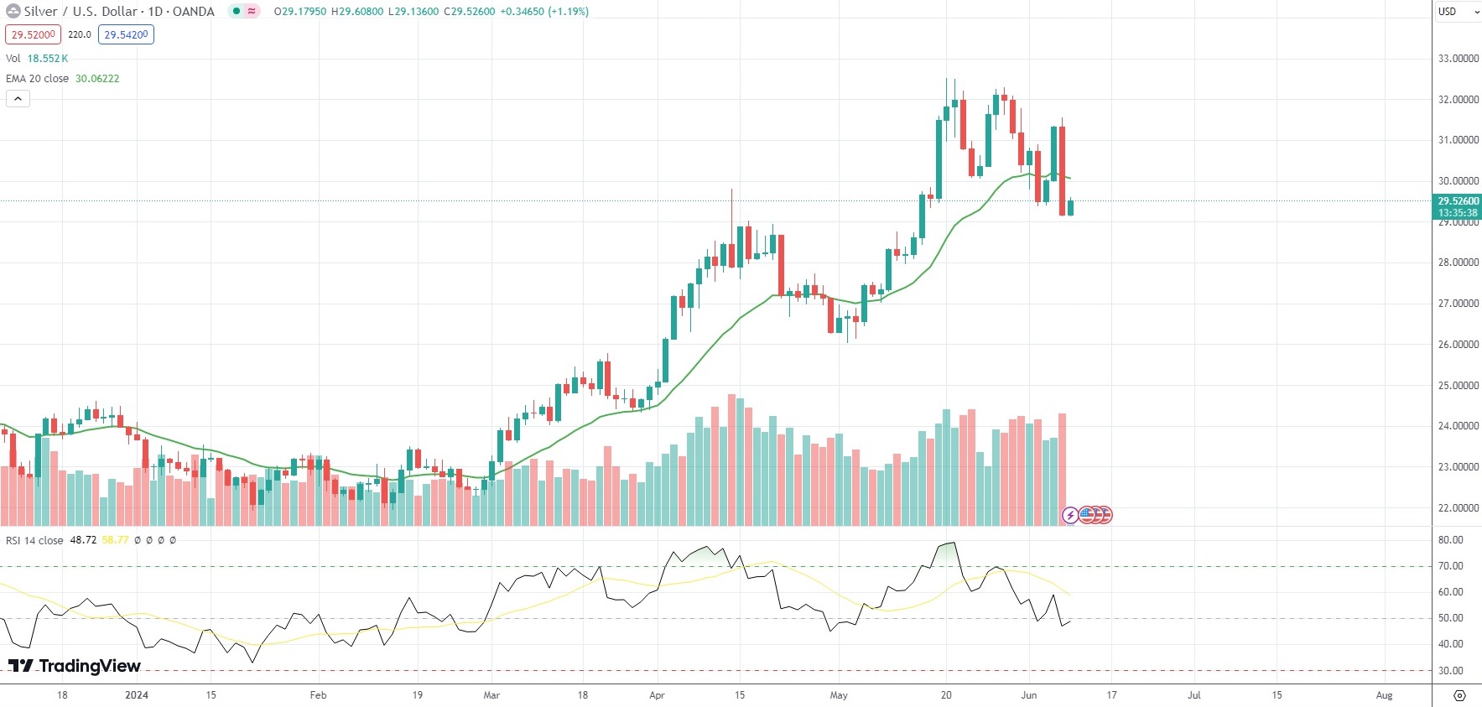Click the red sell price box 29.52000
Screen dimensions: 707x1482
click(33, 34)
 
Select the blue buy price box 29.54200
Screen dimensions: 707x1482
click(126, 34)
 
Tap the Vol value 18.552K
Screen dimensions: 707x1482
click(48, 59)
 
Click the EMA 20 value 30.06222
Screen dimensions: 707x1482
click(97, 79)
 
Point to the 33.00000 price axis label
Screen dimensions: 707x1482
click(1458, 59)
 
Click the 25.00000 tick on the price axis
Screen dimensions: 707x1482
click(1458, 386)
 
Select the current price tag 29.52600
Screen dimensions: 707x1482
click(1458, 201)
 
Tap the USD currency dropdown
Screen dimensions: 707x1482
click(1458, 12)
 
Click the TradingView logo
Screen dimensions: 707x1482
click(75, 666)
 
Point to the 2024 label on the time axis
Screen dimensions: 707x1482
click(136, 695)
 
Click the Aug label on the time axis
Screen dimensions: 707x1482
click(1384, 695)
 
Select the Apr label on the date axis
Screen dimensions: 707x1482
click(657, 695)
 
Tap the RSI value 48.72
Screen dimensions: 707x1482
click(83, 540)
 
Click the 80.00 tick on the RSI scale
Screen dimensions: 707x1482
click(1450, 540)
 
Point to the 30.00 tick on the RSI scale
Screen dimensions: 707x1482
click(1450, 671)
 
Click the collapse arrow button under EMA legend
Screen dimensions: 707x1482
click(18, 99)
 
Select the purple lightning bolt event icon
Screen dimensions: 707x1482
click(1070, 515)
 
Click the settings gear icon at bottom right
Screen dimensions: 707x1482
click(1459, 695)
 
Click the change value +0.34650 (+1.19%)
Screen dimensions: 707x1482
click(544, 12)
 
